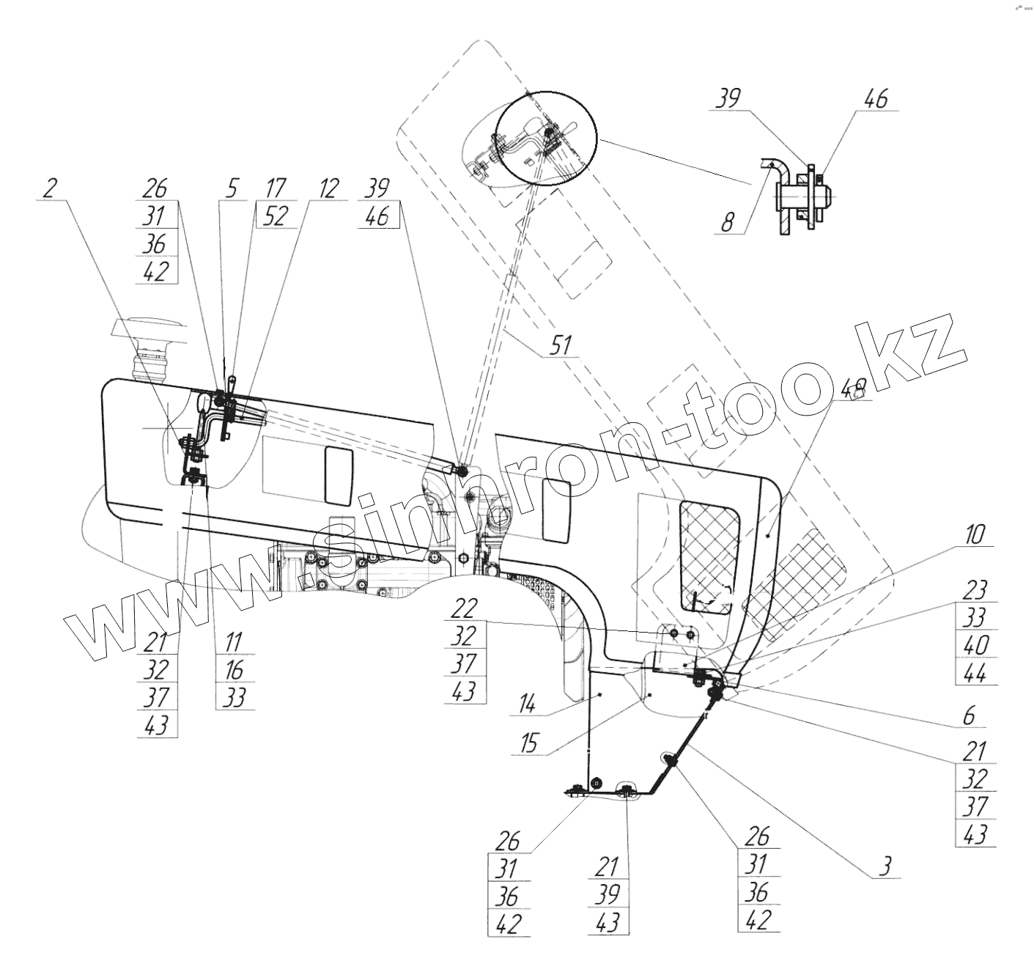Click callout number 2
tap(49, 188)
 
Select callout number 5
tap(231, 188)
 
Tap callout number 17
tap(275, 188)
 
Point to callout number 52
tap(275, 216)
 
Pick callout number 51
tap(561, 345)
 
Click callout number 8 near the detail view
tap(727, 222)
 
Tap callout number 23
tap(975, 590)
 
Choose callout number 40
tap(975, 645)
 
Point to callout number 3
tap(885, 866)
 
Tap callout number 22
tap(464, 608)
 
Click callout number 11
tap(233, 642)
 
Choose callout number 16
tap(233, 669)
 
